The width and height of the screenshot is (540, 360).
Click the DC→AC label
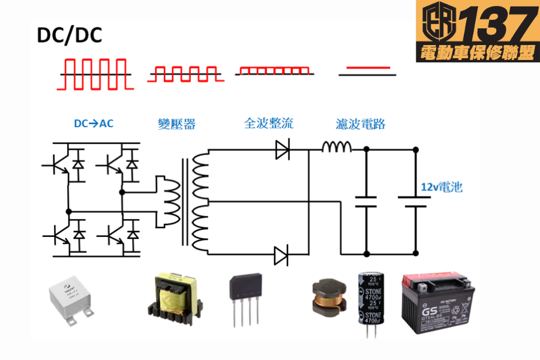pyautogui.click(x=93, y=124)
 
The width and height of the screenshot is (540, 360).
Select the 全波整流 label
pyautogui.click(x=268, y=124)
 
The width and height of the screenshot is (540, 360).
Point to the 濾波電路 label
pyautogui.click(x=360, y=124)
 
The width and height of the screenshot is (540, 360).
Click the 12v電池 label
pyautogui.click(x=441, y=187)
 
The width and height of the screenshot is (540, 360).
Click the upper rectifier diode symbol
pyautogui.click(x=283, y=149)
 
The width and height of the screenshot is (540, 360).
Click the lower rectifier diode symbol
pyautogui.click(x=282, y=255)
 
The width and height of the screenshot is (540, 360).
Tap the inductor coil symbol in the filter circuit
pyautogui.click(x=337, y=147)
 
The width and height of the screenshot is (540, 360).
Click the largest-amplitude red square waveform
pyautogui.click(x=93, y=74)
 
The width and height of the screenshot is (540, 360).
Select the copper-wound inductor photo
pyautogui.click(x=326, y=296)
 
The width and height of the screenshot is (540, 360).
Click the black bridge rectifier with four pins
pyautogui.click(x=245, y=300)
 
